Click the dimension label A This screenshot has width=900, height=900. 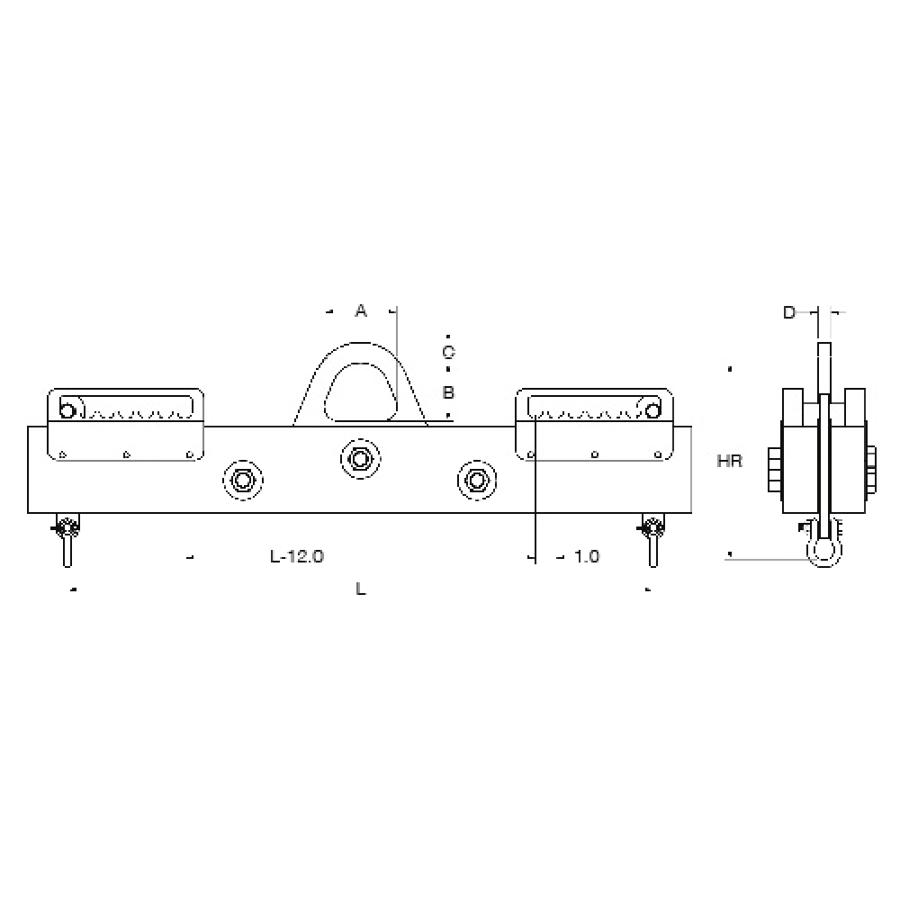(361, 310)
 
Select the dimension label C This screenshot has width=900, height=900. (448, 351)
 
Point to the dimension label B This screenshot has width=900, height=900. (448, 393)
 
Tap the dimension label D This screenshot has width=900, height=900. (789, 312)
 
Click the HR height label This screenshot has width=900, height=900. (729, 462)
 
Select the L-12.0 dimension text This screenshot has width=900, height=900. (297, 557)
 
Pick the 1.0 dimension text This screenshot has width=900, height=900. (586, 557)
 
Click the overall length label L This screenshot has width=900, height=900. (361, 589)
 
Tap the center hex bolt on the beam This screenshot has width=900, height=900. (359, 460)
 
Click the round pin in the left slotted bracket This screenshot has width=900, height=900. (67, 411)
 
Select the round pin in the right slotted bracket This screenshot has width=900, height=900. (652, 409)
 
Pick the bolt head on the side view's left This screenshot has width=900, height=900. (775, 470)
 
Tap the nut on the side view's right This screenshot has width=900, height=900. (870, 470)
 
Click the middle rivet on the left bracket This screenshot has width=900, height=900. (126, 454)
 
